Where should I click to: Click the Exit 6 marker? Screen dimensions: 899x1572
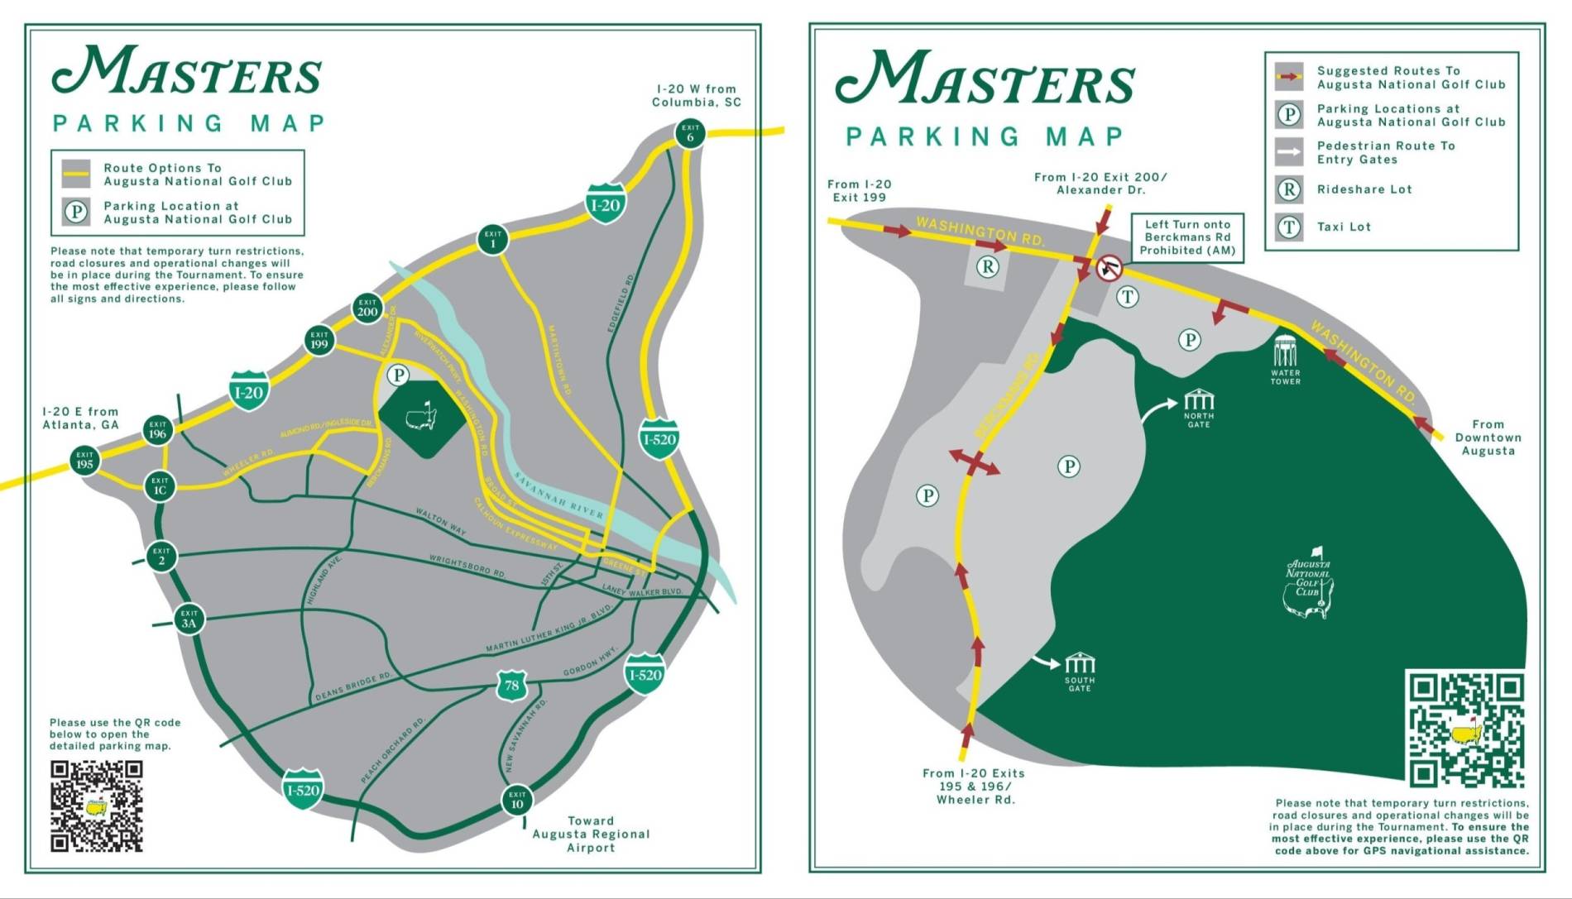tap(690, 132)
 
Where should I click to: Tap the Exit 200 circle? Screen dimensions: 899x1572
tap(367, 308)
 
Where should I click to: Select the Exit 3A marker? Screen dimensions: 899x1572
tap(189, 619)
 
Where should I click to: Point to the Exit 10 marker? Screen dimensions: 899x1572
tap(517, 800)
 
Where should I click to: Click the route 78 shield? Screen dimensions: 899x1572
tap(512, 686)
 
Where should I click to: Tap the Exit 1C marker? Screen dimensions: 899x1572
tap(160, 485)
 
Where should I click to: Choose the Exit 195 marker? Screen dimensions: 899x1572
tap(84, 460)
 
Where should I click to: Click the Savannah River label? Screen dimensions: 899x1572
tap(559, 495)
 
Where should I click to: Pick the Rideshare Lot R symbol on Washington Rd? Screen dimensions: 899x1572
tap(988, 266)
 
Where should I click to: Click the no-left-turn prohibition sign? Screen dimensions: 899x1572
tap(1109, 268)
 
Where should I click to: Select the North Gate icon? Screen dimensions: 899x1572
tap(1198, 401)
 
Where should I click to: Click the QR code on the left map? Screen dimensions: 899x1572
tap(97, 806)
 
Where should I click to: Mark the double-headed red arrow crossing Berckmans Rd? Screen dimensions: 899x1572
tap(974, 462)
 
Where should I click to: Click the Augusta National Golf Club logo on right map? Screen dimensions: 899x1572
tap(1309, 583)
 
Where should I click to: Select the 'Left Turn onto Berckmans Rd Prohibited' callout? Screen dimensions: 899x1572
tap(1187, 237)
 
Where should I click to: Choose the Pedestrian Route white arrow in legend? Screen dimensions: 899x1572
tap(1289, 152)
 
